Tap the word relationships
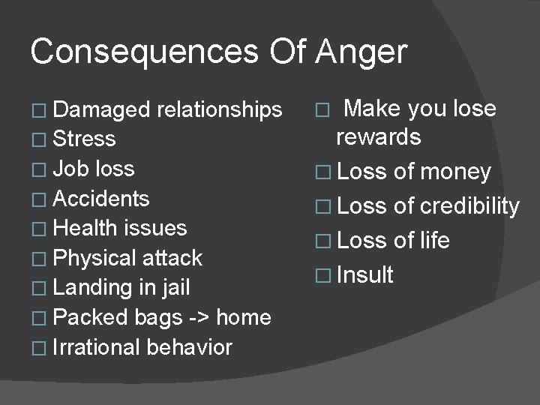[219, 109]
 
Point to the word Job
[70, 169]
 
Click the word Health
[84, 228]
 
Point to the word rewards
[379, 137]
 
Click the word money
[455, 173]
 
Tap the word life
[434, 241]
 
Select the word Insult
[366, 274]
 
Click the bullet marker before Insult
[322, 275]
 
